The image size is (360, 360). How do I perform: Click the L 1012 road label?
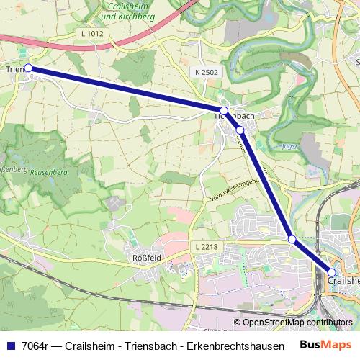pos(93,33)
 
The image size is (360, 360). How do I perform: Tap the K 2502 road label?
pos(206,73)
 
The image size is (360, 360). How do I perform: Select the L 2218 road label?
pos(205,247)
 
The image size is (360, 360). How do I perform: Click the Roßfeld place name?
pos(146,258)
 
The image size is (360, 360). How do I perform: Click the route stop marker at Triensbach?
pos(29,68)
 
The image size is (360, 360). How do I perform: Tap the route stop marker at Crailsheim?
pos(332,272)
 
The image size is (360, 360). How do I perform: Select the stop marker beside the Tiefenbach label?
pos(224,110)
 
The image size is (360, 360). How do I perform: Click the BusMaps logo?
pos(325,344)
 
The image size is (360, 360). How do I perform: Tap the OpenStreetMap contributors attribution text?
pos(293,323)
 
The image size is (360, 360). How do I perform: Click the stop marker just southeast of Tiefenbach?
pos(240,130)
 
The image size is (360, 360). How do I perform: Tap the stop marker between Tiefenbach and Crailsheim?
pos(292,238)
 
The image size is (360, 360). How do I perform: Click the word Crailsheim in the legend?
pos(90,345)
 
